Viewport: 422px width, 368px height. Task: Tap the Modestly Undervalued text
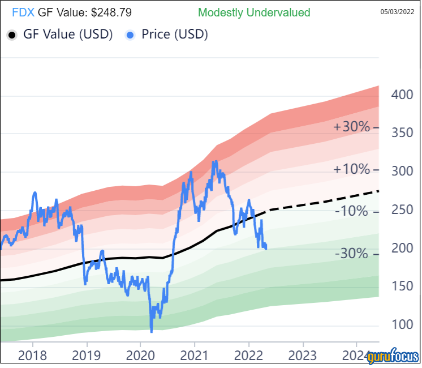point(254,12)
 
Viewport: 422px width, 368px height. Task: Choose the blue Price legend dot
point(131,35)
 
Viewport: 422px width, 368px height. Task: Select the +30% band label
point(351,127)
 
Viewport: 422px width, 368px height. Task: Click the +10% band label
point(351,169)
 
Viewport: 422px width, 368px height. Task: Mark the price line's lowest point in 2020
point(151,331)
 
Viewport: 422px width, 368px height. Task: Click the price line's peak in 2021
point(214,162)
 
